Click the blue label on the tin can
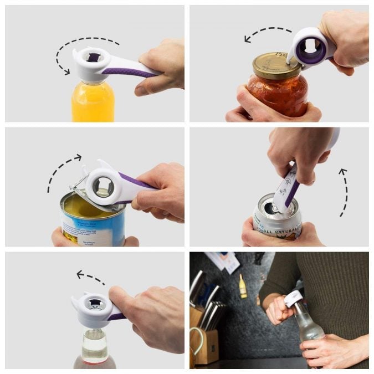pos(83,227)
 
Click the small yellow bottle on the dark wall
pos(243,286)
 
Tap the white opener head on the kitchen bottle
pos(293,300)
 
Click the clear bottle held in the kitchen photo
pos(308,327)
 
